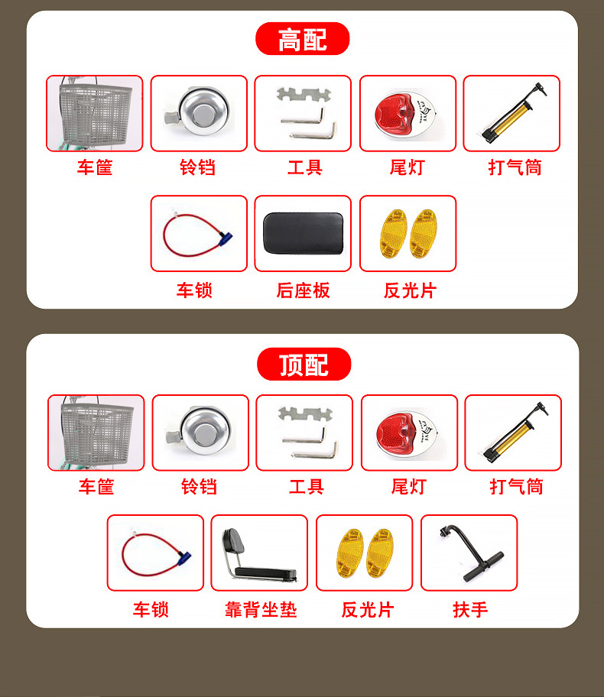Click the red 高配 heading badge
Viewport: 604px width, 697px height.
pos(302,39)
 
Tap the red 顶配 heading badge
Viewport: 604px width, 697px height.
pos(304,365)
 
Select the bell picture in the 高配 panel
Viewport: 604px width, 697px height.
pos(199,113)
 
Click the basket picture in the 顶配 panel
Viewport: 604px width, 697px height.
pos(96,433)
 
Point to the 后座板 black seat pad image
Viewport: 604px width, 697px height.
pos(303,233)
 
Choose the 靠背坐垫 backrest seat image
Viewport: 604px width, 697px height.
pos(259,553)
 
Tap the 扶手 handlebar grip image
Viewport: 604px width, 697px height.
pos(469,553)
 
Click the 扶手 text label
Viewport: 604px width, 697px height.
pos(470,609)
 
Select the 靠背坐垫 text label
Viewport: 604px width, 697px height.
pos(260,609)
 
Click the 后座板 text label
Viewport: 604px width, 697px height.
pos(303,290)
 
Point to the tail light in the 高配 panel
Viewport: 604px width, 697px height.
pos(408,113)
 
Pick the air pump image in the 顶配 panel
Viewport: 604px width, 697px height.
pos(513,433)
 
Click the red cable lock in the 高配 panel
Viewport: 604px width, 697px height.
pos(199,233)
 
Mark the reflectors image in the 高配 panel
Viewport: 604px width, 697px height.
pos(408,233)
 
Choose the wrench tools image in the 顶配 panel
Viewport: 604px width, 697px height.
pos(304,433)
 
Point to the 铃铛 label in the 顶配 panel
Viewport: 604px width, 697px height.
pos(199,487)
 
